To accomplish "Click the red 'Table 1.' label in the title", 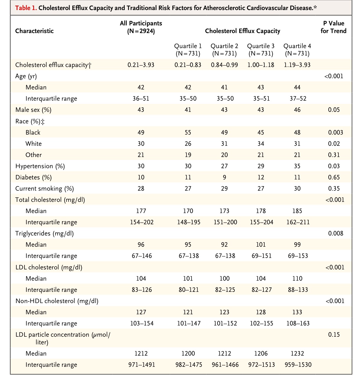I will [26, 8].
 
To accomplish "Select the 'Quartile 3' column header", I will [261, 50].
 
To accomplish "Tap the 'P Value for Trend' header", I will [333, 27].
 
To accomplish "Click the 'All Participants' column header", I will [141, 27].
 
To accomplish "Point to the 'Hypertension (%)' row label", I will [40, 166].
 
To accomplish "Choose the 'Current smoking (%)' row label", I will [45, 189].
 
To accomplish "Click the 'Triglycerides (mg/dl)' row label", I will [44, 233].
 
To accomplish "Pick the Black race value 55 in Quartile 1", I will [188, 132].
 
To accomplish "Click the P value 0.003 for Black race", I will [335, 132].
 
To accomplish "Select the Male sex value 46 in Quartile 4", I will [297, 110].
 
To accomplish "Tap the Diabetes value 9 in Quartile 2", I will [224, 177].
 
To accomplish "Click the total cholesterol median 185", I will [297, 211].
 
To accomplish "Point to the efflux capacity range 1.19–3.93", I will [297, 65].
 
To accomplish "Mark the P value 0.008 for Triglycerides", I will [335, 233].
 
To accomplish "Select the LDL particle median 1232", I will [297, 354].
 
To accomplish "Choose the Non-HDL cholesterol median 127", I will [141, 312].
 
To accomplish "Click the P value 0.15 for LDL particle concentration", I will [334, 335].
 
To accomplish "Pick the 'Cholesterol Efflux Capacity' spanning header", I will [242, 31].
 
